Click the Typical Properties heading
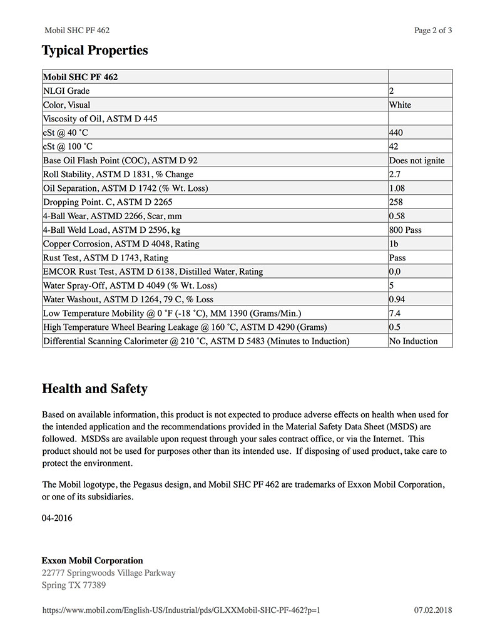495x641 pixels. click(x=94, y=51)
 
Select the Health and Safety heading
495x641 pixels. click(x=94, y=389)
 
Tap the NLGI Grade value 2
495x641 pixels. click(x=392, y=91)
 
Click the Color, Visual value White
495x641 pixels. click(x=400, y=105)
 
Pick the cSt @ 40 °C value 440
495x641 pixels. click(x=396, y=133)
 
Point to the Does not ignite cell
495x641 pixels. click(x=417, y=161)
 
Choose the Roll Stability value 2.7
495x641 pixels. click(x=395, y=175)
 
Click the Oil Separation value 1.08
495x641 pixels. click(x=397, y=188)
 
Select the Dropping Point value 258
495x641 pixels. click(x=396, y=202)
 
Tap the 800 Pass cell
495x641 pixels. click(x=406, y=230)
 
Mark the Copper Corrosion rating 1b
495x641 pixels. click(x=394, y=244)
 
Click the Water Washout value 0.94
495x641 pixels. click(x=397, y=299)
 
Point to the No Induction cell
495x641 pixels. click(x=413, y=341)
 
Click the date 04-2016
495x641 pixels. click(x=57, y=518)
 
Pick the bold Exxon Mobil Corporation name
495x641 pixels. click(x=92, y=561)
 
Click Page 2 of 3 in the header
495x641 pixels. click(x=433, y=30)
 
